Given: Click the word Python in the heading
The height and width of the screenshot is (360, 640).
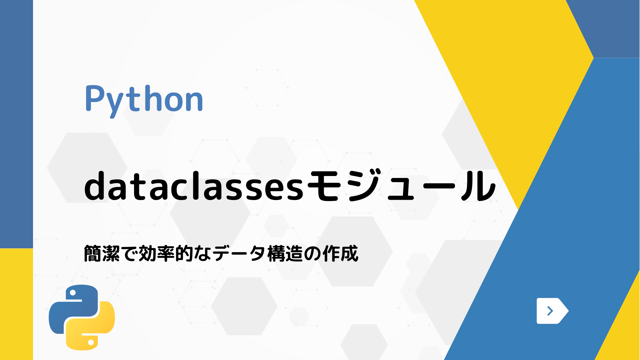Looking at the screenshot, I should pos(144,99).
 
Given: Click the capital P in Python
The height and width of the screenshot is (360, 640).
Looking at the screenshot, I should pos(95,99).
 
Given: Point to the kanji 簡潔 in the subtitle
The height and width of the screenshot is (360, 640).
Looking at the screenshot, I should pos(101,254).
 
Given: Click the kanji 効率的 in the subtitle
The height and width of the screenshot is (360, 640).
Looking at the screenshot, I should pos(166,254).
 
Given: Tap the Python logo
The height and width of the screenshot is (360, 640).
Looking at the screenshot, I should pos(82,317).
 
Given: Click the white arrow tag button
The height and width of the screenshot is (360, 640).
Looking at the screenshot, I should pos(552,311).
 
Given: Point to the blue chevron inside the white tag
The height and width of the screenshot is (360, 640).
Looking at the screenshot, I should pos(550,311).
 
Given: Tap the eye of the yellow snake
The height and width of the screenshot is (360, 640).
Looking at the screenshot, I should pos(91,342).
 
